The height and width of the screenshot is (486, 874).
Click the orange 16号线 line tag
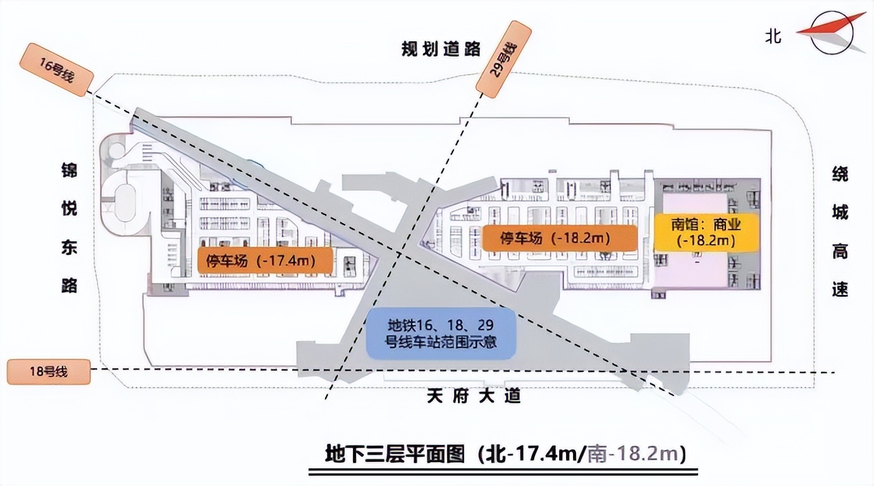(x=56, y=70)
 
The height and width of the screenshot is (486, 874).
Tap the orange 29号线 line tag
(x=503, y=58)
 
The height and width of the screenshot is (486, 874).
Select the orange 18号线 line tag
(x=49, y=372)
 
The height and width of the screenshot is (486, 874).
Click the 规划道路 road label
(x=441, y=49)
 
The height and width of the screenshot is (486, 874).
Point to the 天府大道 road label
(x=474, y=397)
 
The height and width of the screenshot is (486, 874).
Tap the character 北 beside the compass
(x=773, y=36)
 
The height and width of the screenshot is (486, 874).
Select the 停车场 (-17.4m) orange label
(x=266, y=260)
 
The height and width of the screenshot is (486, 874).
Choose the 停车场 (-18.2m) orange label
(x=559, y=239)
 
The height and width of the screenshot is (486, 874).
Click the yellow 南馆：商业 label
(x=705, y=232)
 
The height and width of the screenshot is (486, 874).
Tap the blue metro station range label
(x=441, y=333)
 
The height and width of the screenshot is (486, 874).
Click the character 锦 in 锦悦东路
(x=69, y=171)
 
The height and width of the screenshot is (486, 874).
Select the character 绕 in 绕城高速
(x=840, y=175)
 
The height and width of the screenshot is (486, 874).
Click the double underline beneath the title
(x=503, y=471)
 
